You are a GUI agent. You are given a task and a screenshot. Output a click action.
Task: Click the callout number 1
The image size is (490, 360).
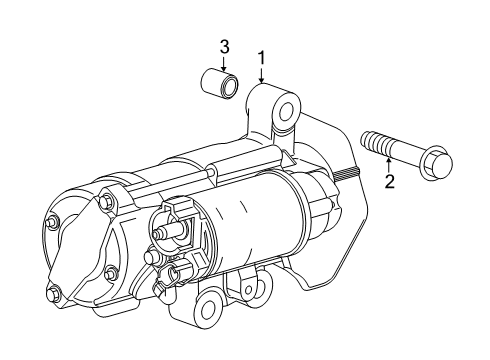point(262,58)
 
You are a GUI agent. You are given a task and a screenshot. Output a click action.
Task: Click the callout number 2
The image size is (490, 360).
point(389,181)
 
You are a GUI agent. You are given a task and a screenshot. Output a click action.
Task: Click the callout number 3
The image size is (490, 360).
point(225,46)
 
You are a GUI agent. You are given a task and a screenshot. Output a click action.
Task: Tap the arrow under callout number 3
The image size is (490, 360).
point(225,63)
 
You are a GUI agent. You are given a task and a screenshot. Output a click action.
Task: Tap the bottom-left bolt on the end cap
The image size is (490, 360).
point(55,294)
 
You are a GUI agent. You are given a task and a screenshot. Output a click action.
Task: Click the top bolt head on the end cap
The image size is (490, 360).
point(105,205)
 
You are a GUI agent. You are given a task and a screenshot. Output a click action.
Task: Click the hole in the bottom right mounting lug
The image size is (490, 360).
point(262,288)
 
